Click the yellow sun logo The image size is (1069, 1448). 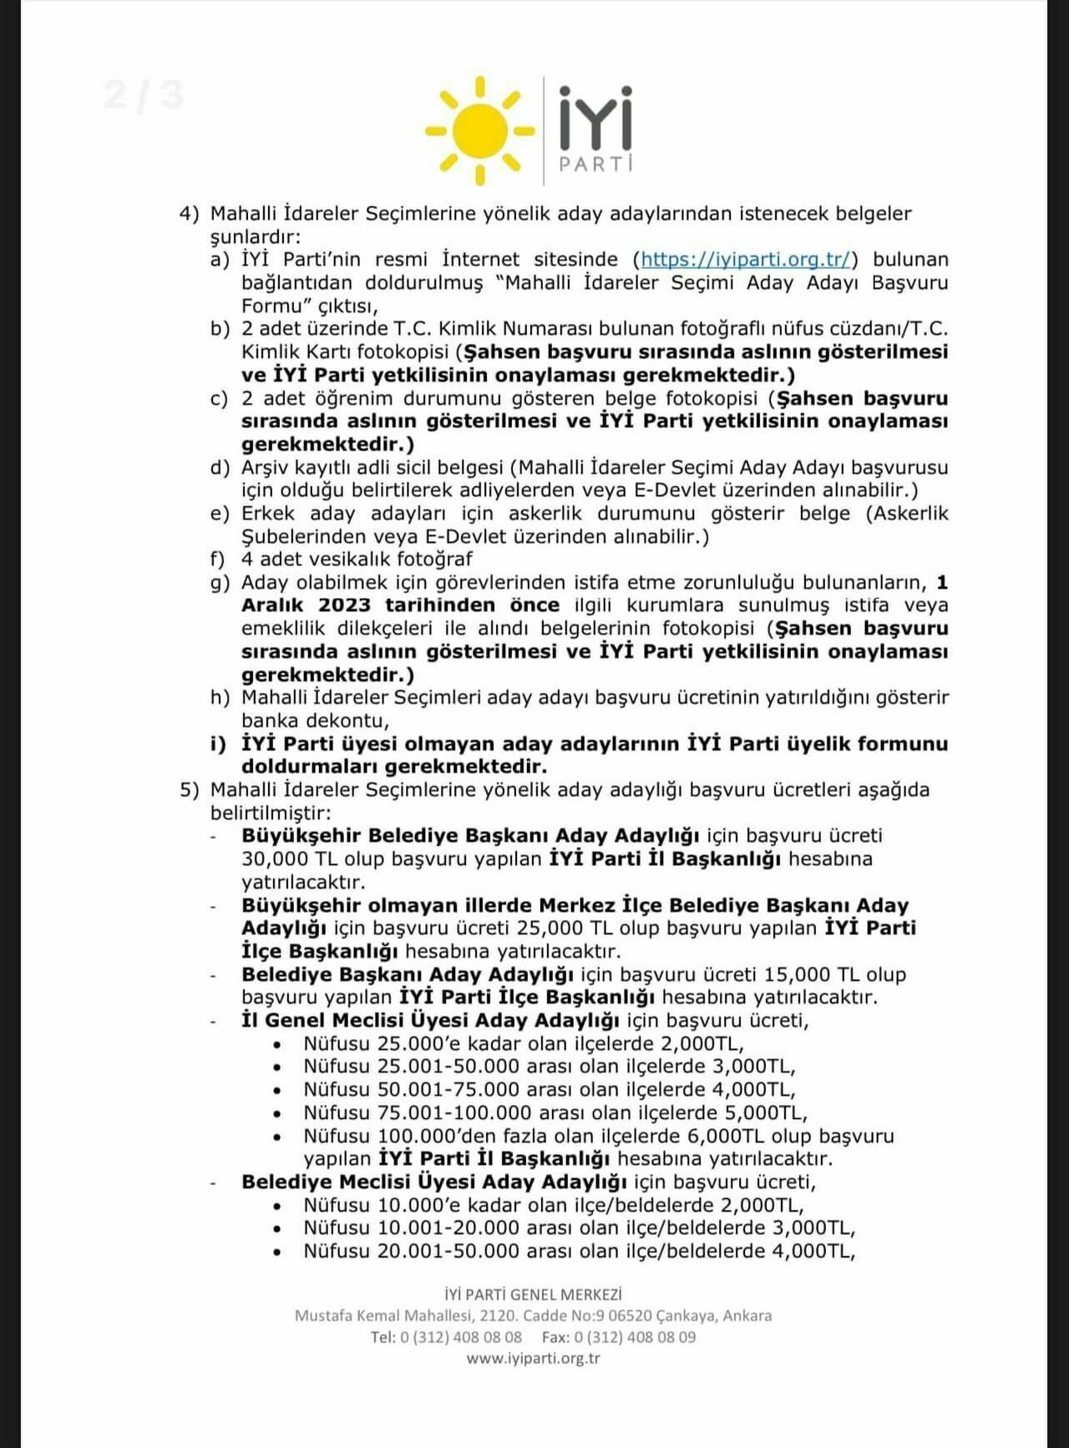coord(480,130)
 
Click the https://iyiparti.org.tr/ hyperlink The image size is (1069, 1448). coord(745,260)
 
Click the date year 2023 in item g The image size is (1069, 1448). coord(344,605)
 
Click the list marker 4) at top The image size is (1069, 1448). coord(189,214)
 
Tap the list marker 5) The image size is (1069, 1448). coord(189,790)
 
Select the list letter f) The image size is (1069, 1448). coord(218,559)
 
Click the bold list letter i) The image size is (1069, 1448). coord(218,744)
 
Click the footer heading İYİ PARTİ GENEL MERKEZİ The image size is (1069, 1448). coord(533,1294)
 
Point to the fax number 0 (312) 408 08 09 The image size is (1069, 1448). coord(635,1337)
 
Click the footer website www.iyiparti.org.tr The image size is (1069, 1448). coord(533,1358)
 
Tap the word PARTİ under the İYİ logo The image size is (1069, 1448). coord(595,164)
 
